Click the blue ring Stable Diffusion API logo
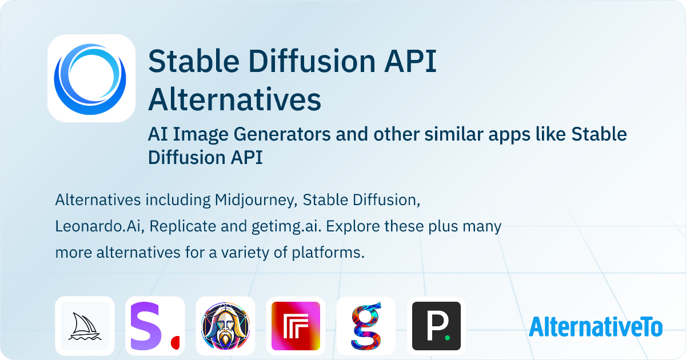pos(91,78)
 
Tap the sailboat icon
pos(85,326)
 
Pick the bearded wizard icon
pos(225,326)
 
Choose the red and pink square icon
pos(296,326)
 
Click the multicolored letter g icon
pos(366,326)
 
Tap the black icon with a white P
pos(436,326)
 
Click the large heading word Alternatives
pos(234,99)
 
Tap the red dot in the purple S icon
pos(176,342)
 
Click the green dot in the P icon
pos(448,338)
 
